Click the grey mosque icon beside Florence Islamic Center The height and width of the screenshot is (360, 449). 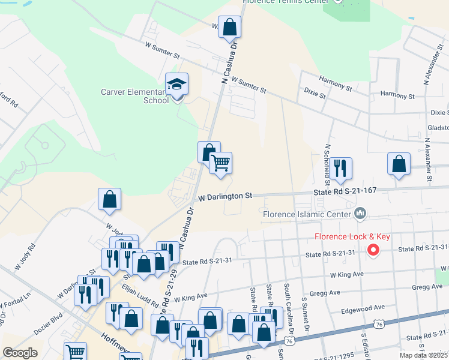(360, 213)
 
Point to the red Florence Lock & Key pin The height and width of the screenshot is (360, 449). (373, 250)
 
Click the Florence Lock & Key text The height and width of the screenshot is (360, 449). (352, 236)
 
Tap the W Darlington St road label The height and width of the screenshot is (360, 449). (225, 196)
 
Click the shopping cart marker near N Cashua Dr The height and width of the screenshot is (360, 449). (221, 163)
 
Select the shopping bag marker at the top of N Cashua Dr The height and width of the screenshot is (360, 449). (229, 27)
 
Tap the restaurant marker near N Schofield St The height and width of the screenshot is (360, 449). (340, 167)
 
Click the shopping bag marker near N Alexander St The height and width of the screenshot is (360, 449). (399, 164)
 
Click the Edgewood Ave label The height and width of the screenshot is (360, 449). (363, 307)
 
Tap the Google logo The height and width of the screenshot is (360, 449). (20, 353)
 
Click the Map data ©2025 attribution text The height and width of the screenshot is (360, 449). (423, 355)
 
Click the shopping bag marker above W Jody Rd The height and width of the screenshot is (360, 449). (110, 200)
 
